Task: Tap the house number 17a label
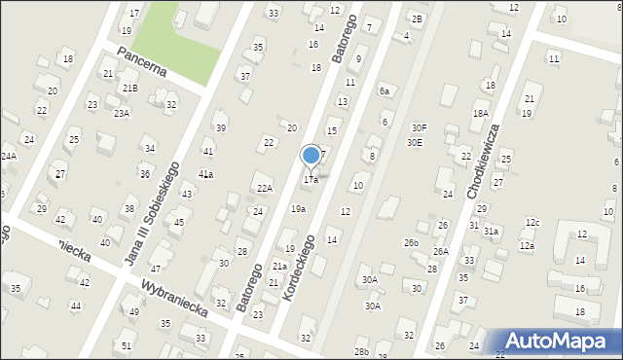click(311, 180)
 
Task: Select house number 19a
click(298, 209)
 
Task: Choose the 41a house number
click(205, 174)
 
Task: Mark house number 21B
click(129, 89)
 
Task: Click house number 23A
click(122, 114)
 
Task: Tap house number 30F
click(419, 127)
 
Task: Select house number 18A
click(480, 114)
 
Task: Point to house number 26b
click(412, 243)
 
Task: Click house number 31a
click(492, 232)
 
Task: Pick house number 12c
click(532, 224)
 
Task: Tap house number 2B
click(417, 19)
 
